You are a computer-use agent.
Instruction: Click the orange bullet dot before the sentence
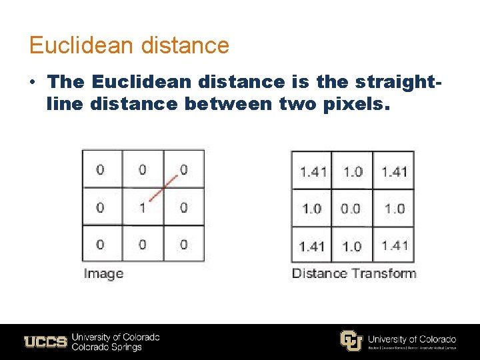[33, 82]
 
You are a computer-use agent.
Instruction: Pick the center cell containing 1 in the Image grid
[142, 208]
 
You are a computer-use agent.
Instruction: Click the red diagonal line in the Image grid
[162, 188]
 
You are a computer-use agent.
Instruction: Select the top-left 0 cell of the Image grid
[101, 170]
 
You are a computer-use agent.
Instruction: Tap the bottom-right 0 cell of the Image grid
[183, 245]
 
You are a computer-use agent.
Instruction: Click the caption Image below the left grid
[103, 273]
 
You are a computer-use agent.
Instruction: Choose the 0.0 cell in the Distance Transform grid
[351, 209]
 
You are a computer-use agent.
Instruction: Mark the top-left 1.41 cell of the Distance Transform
[313, 171]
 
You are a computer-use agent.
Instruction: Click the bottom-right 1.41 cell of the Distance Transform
[395, 245]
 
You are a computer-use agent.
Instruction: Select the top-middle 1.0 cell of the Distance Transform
[353, 171]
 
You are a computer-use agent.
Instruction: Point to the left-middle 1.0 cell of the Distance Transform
[311, 209]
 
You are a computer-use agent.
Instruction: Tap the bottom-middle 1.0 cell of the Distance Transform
[352, 246]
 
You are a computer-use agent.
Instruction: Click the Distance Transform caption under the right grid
[353, 273]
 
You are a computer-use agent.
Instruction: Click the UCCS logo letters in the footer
[45, 342]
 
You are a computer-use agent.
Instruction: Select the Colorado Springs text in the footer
[107, 347]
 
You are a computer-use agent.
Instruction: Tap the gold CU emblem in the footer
[351, 341]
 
